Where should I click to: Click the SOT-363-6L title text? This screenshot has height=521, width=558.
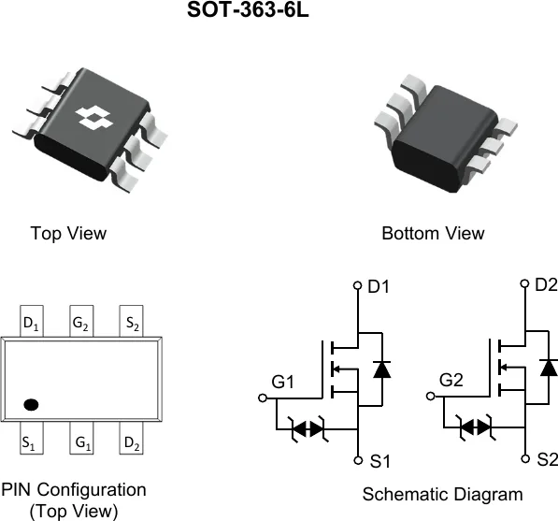pyautogui.click(x=248, y=9)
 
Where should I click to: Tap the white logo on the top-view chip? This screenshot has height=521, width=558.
pyautogui.click(x=94, y=117)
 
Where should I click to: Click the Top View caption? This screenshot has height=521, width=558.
pyautogui.click(x=68, y=234)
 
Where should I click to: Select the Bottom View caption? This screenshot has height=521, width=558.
pyautogui.click(x=433, y=234)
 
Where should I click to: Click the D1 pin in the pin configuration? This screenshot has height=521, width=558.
pyautogui.click(x=32, y=321)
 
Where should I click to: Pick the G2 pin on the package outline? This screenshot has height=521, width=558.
pyautogui.click(x=81, y=321)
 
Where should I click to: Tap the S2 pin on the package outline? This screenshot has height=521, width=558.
pyautogui.click(x=131, y=321)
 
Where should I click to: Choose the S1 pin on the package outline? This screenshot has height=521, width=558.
pyautogui.click(x=32, y=438)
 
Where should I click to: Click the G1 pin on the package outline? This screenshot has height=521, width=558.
pyautogui.click(x=81, y=438)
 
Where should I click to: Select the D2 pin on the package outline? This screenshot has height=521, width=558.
pyautogui.click(x=131, y=438)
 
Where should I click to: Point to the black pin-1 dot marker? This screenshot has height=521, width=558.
pyautogui.click(x=31, y=405)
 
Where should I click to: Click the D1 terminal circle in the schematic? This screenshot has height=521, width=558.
pyautogui.click(x=358, y=285)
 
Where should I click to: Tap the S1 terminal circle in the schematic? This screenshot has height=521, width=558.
pyautogui.click(x=358, y=460)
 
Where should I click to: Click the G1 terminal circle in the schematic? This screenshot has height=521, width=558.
pyautogui.click(x=263, y=398)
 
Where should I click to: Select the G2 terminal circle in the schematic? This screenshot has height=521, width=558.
pyautogui.click(x=431, y=396)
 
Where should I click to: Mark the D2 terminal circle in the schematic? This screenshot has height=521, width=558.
pyautogui.click(x=525, y=283)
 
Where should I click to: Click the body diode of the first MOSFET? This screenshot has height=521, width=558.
pyautogui.click(x=382, y=369)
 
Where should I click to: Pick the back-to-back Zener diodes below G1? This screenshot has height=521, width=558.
pyautogui.click(x=308, y=428)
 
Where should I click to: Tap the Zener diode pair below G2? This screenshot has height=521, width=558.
pyautogui.click(x=476, y=427)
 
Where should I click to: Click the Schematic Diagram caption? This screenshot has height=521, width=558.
pyautogui.click(x=443, y=495)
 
